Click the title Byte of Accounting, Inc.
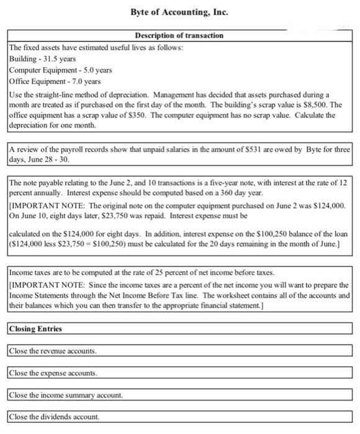(x=180, y=12)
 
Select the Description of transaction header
(x=179, y=35)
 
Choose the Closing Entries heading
(x=35, y=328)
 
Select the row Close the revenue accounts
(x=53, y=351)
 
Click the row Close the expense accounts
(x=53, y=373)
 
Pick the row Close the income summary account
(x=65, y=394)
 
